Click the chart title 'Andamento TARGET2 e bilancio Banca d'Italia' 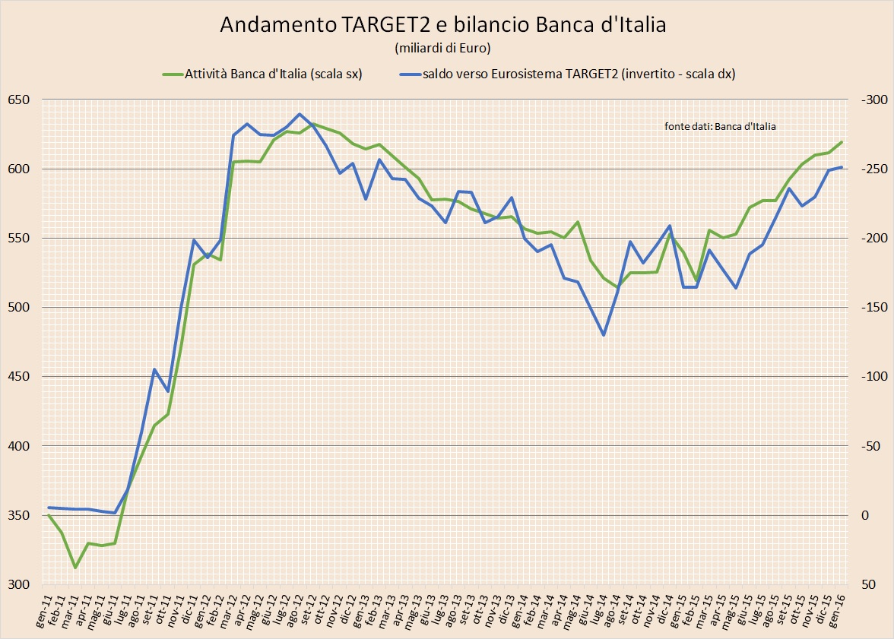coord(442,24)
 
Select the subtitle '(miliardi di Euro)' coord(442,49)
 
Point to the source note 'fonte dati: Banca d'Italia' coord(720,127)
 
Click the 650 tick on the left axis coord(18,100)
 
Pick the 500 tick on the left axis coord(18,308)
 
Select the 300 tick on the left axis coord(18,584)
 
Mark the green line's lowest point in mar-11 coord(75,568)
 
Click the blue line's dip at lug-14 coord(604,335)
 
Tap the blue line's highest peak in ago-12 coord(300,114)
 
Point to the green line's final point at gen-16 coord(842,142)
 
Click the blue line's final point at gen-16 coord(842,167)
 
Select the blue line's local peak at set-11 coord(154,369)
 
